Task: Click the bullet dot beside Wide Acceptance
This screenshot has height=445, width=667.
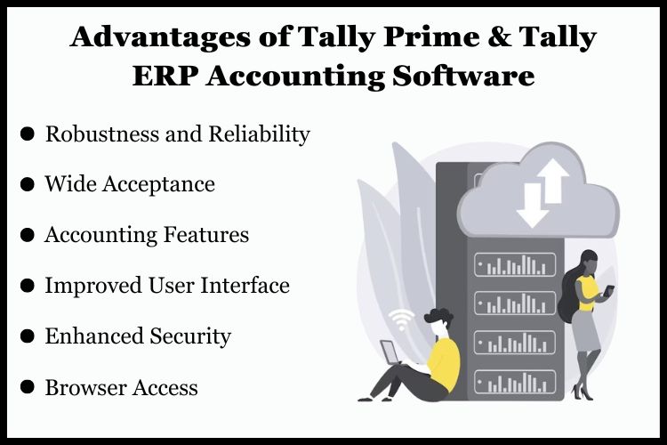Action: tap(28, 184)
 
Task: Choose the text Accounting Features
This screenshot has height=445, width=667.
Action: tap(147, 235)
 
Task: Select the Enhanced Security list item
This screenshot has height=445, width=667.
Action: tap(138, 336)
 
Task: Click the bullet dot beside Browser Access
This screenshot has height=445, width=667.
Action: tap(28, 387)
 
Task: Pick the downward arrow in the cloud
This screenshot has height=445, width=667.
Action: tap(530, 206)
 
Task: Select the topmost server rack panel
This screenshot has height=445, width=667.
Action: tap(515, 264)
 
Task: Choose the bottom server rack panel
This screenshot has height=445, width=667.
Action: tap(515, 382)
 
